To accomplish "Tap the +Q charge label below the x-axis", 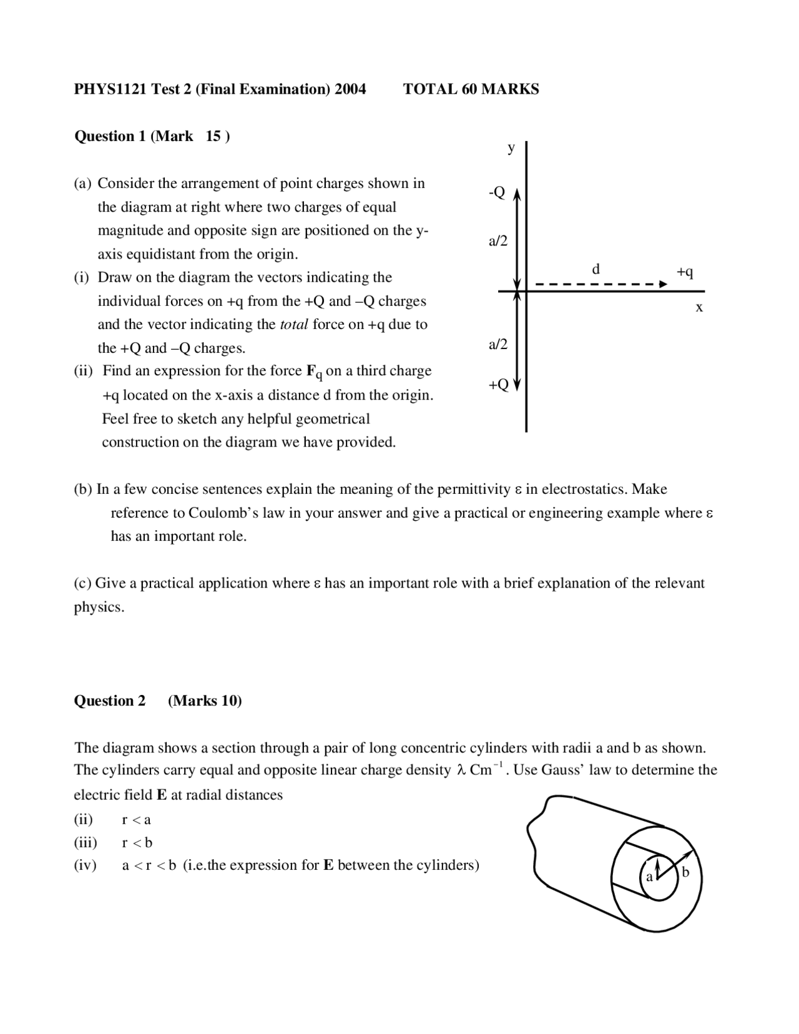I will click(498, 385).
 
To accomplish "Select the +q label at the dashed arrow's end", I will click(685, 272).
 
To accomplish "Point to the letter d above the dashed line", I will click(596, 269).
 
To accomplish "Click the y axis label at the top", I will click(511, 148).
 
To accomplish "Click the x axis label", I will click(699, 307).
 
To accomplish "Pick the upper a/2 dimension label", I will click(498, 241).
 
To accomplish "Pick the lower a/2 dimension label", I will click(498, 345).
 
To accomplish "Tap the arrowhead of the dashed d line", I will click(664, 285).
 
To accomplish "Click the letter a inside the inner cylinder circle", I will click(649, 877).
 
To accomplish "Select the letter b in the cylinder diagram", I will click(685, 872).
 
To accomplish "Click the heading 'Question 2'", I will click(110, 701).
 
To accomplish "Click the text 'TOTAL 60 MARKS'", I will click(471, 89).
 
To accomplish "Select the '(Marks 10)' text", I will click(205, 701).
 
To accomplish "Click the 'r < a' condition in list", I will click(136, 820).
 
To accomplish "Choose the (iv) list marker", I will click(86, 866).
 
